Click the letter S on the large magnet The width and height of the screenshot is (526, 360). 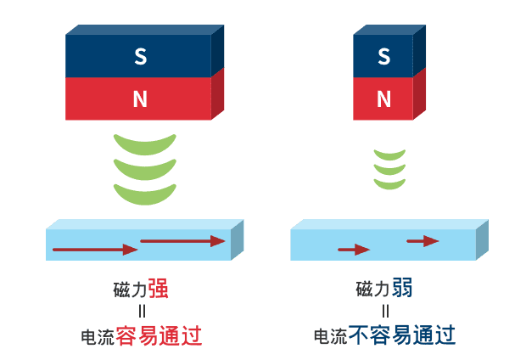point(140,57)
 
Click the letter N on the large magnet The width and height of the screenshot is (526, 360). point(140,99)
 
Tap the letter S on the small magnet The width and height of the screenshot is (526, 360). point(383,57)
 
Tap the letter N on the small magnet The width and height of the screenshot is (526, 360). point(383,99)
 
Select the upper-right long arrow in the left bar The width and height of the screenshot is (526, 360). point(182,241)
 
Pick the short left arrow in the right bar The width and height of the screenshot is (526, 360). point(354,250)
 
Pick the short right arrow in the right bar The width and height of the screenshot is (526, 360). point(422,241)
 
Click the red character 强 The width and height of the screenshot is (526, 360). point(158,289)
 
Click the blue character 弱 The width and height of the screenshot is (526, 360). point(402,289)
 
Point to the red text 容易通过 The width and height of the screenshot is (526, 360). point(158,336)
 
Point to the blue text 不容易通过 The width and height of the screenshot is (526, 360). point(401,336)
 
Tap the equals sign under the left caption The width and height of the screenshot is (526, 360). point(142,312)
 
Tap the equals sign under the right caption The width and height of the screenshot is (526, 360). point(384,312)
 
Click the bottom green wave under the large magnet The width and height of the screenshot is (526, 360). point(144,194)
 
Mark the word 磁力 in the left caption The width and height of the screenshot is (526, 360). point(130,290)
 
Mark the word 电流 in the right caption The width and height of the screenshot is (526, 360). point(330,337)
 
